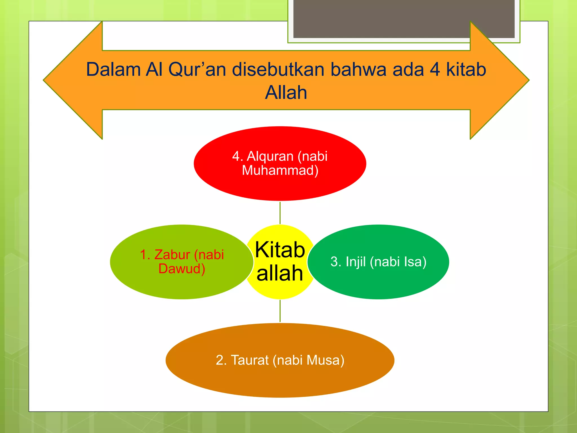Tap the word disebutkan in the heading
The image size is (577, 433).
[x=278, y=69]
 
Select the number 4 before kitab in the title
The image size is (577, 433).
[x=435, y=69]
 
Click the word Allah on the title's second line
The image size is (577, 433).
[x=286, y=92]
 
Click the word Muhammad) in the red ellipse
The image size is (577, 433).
[x=280, y=171]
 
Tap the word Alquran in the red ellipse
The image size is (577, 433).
[x=270, y=156]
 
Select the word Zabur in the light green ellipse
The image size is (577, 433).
[x=172, y=255]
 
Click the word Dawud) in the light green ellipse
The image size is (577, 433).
[x=182, y=269]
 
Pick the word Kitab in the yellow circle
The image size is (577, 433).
[x=280, y=250]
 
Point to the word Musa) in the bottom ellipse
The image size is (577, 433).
[x=325, y=360]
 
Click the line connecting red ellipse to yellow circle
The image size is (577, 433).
[x=280, y=213]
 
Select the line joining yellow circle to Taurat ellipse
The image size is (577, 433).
[x=280, y=311]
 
